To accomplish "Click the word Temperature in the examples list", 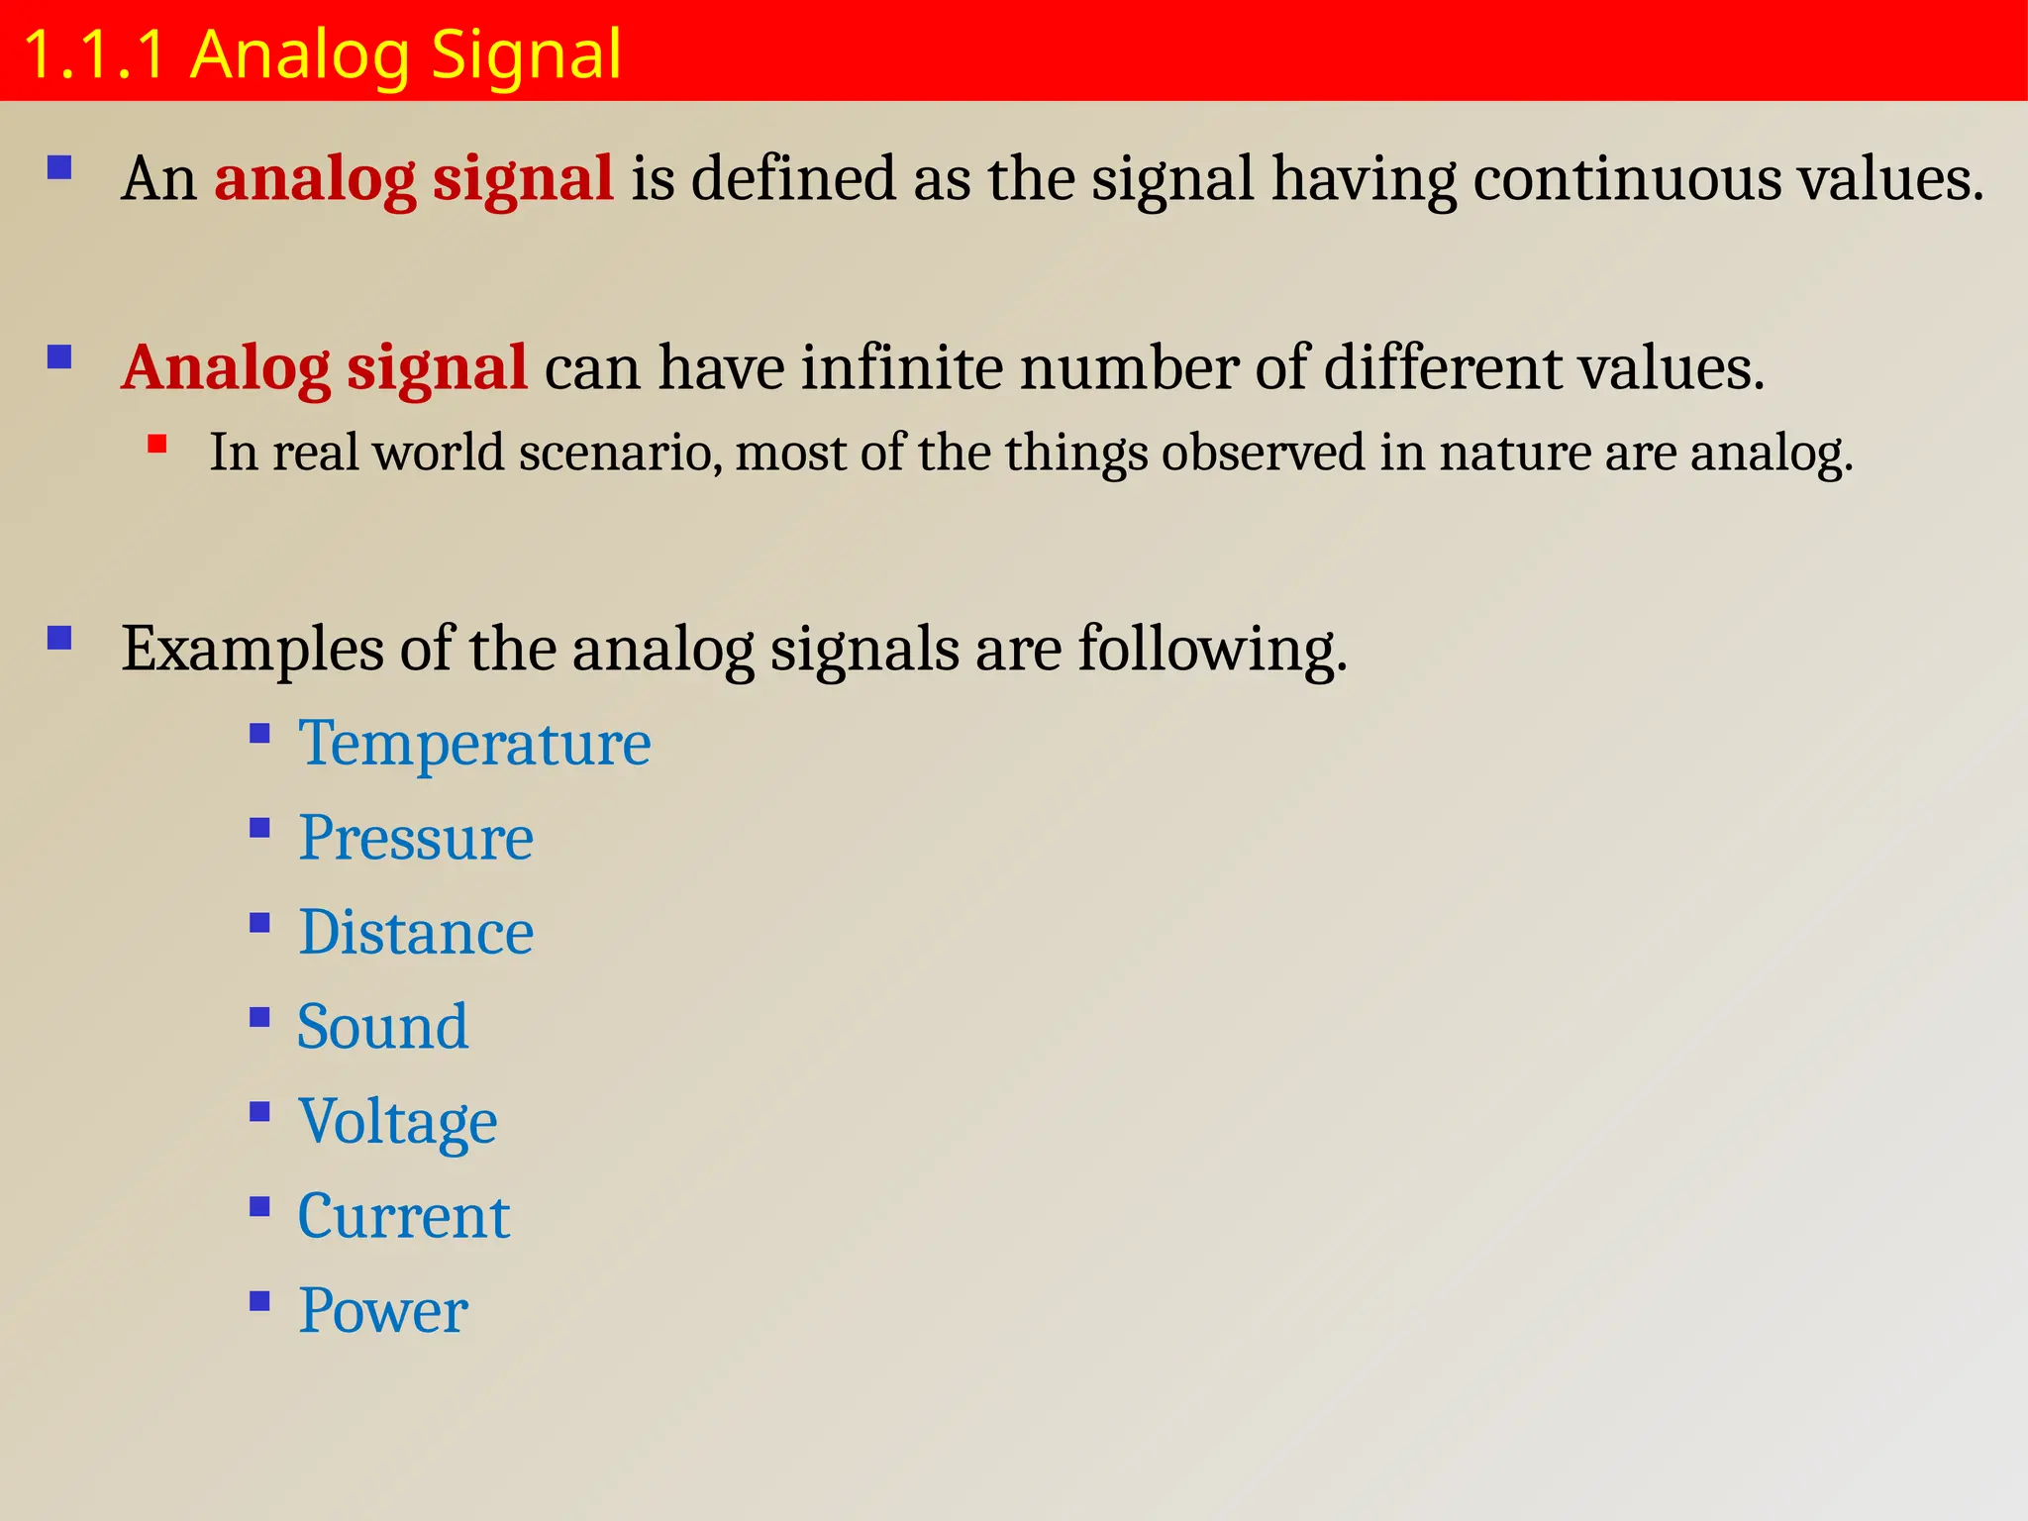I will tap(474, 744).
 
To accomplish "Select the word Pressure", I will tap(416, 839).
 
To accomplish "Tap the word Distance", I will tap(416, 933).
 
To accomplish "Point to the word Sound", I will tap(382, 1027).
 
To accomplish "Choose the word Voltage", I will tap(397, 1122).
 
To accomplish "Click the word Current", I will tap(403, 1216).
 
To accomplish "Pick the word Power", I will tap(382, 1311).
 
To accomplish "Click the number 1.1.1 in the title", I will tap(93, 54).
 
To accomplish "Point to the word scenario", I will tap(620, 453).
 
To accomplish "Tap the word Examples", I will tap(253, 650).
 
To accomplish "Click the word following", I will tap(1212, 650).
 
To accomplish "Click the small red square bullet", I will tap(156, 445).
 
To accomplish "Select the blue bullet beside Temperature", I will tap(259, 734).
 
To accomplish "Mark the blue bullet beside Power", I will tap(259, 1300).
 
